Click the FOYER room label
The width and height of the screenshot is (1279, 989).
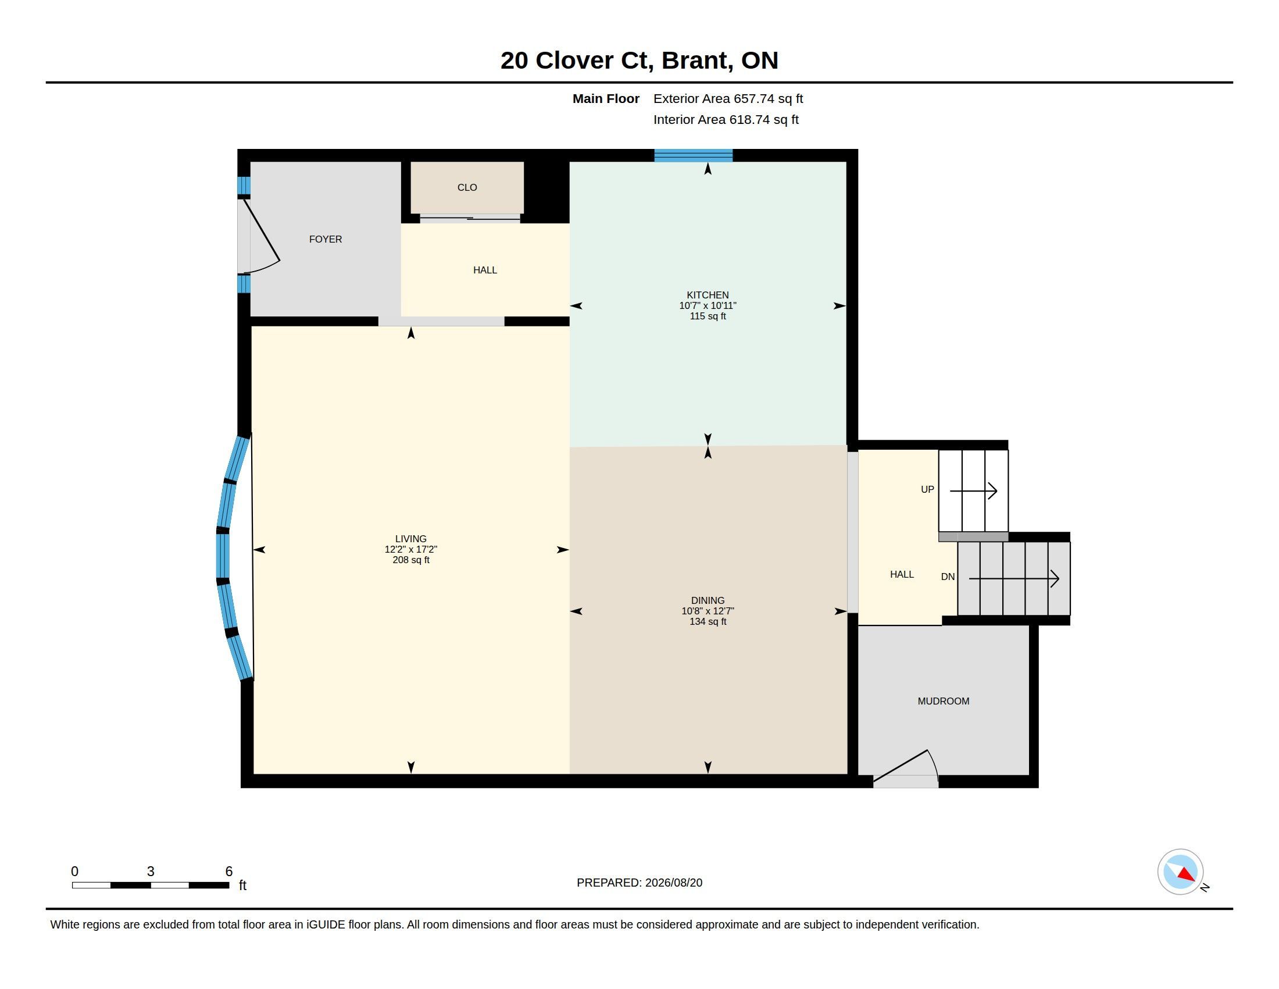[x=326, y=239]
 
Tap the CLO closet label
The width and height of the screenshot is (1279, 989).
[x=467, y=187]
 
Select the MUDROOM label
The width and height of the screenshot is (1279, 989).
[x=944, y=701]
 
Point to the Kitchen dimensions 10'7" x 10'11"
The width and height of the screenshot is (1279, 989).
[x=708, y=305]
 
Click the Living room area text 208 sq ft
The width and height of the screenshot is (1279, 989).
[x=411, y=560]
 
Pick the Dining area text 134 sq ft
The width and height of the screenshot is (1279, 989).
[x=708, y=621]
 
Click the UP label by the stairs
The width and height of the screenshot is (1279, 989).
[x=928, y=489]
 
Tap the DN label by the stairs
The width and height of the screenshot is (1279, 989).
[x=948, y=577]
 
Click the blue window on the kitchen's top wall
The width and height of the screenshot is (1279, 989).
[x=694, y=155]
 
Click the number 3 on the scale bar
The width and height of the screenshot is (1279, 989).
[x=151, y=871]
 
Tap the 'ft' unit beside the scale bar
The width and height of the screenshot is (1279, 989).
[x=242, y=885]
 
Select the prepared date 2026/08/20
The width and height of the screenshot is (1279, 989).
[x=673, y=883]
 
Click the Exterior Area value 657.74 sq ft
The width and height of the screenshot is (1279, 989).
[x=769, y=98]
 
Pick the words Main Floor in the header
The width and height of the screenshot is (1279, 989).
[x=606, y=98]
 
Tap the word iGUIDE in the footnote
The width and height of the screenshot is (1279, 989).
[x=326, y=924]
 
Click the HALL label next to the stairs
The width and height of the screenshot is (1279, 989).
[x=902, y=574]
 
